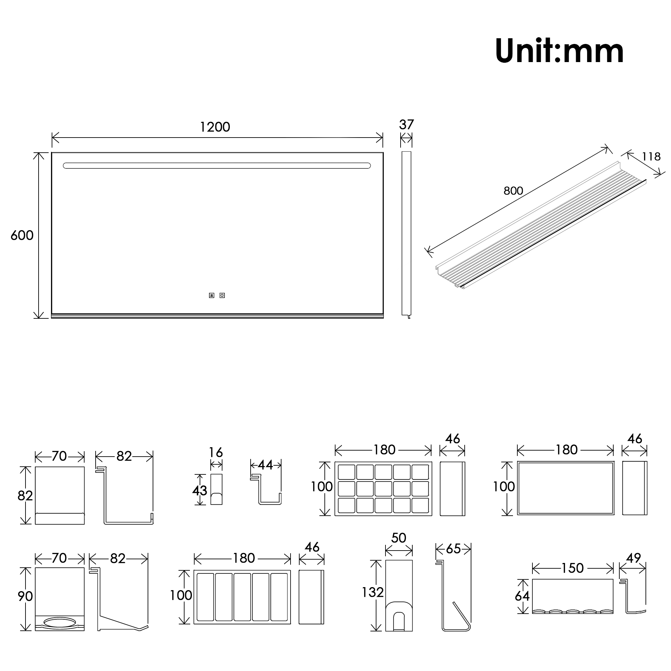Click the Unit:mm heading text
[559, 51]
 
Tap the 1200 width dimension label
[215, 127]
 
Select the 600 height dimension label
[22, 236]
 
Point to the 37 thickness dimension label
[406, 124]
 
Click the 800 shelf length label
[513, 191]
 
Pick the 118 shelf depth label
[651, 157]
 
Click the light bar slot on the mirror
[217, 166]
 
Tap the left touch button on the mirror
[211, 296]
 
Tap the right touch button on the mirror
[222, 296]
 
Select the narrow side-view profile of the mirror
[406, 234]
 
